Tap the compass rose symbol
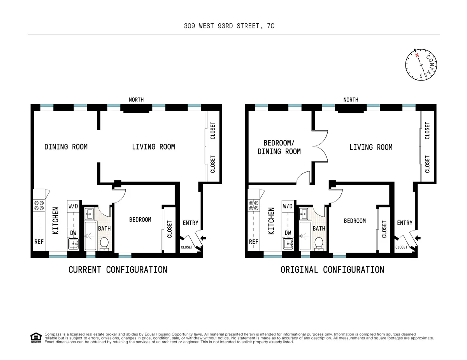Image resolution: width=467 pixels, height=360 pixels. point(421,65)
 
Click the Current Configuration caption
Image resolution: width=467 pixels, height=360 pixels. point(118,269)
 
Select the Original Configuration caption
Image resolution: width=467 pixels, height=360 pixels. point(332,269)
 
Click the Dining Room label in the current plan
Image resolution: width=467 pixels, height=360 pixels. point(66,147)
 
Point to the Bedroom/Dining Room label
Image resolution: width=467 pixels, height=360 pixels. point(279,147)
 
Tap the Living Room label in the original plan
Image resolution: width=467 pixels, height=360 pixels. point(370,147)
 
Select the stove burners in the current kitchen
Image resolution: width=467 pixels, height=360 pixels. point(39,205)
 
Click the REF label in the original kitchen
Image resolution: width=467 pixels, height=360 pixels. point(254,241)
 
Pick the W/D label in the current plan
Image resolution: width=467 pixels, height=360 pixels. point(73,206)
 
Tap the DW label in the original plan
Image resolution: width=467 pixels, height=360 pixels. point(288,233)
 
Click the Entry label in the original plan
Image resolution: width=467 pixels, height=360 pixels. point(404,223)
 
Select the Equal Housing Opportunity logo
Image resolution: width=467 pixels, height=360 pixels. point(36,338)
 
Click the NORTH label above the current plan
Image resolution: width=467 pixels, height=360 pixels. point(136,100)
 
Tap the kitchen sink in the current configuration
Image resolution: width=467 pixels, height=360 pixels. point(73,244)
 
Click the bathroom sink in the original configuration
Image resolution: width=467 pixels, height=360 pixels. point(304,213)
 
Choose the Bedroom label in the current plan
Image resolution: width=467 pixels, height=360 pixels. point(140,220)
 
